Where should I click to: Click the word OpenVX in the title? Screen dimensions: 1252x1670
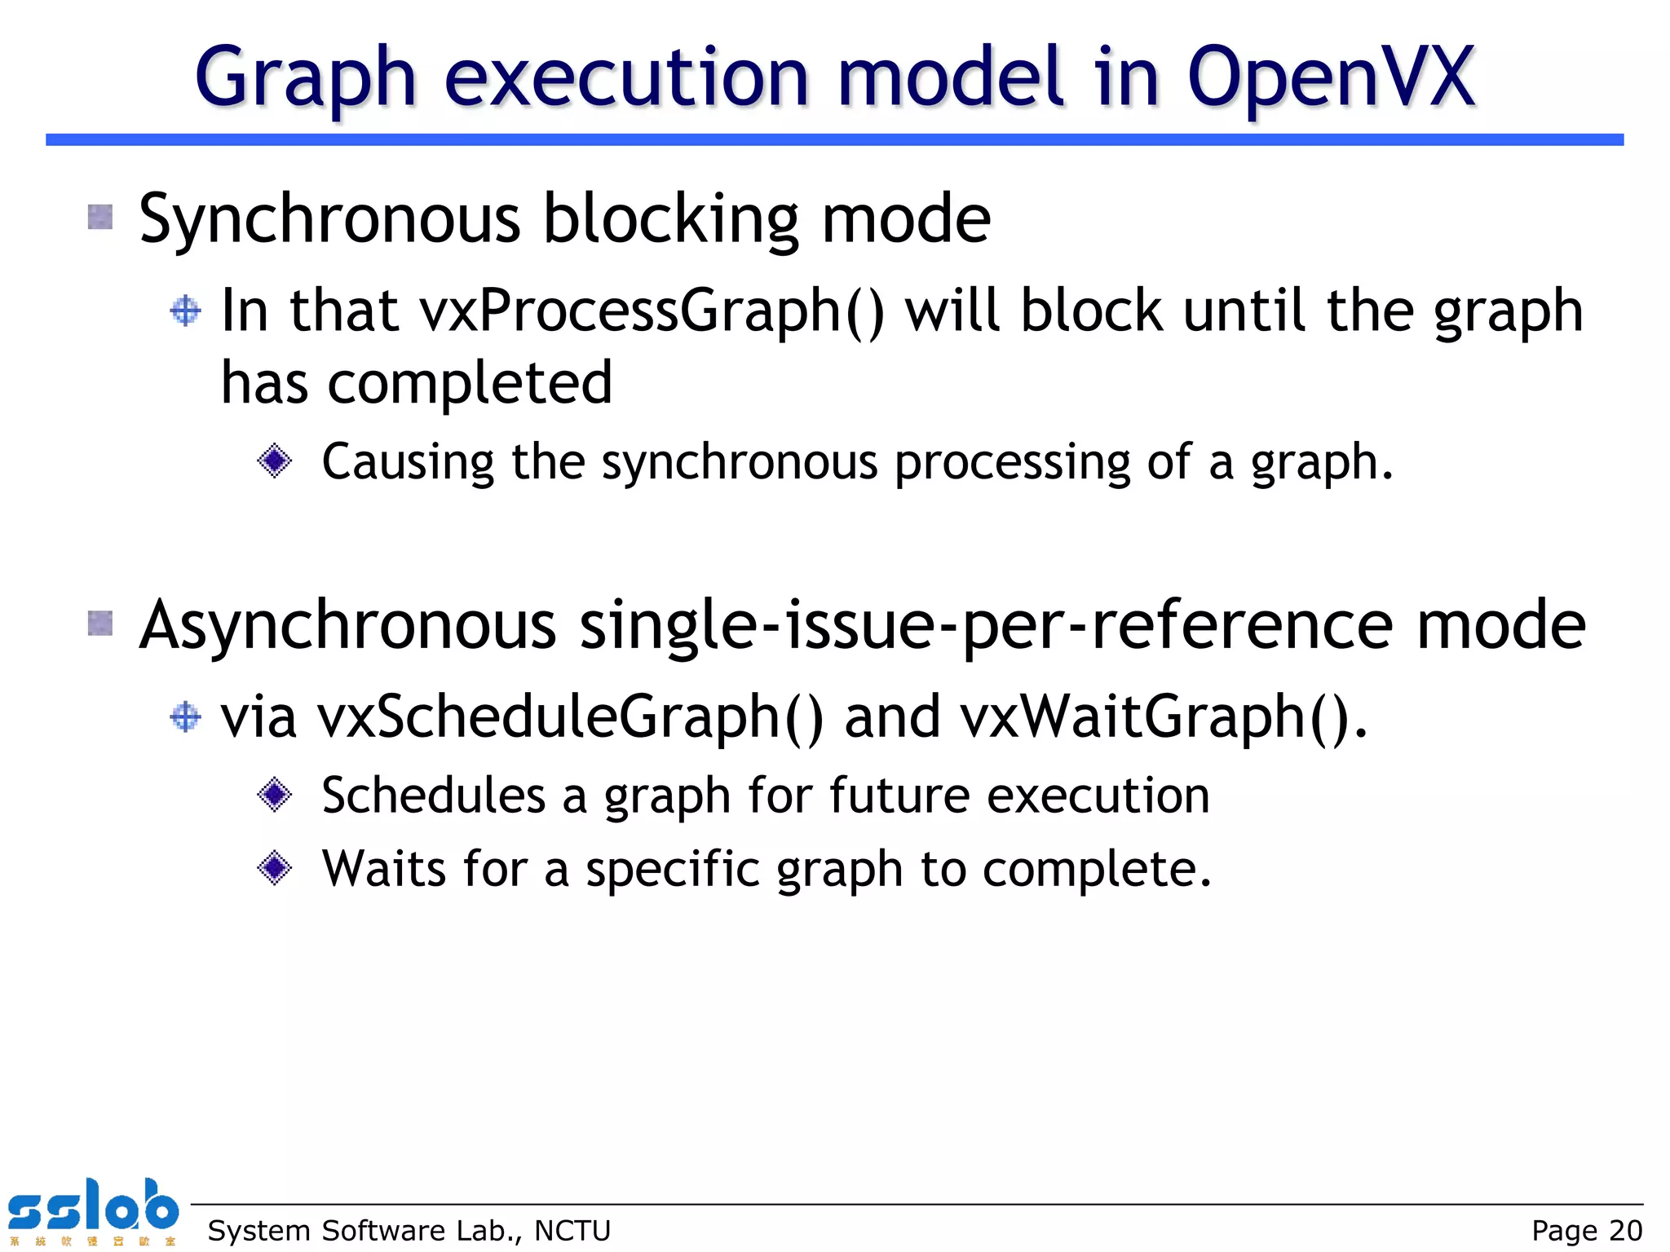click(x=1331, y=78)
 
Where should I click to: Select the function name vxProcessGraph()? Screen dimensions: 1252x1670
click(x=652, y=311)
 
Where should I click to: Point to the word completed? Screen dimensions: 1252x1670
click(x=470, y=382)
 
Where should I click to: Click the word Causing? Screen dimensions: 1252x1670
click(x=408, y=462)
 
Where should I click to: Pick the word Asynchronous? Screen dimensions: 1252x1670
click(x=347, y=625)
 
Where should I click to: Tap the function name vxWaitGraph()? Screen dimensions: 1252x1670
click(x=1163, y=717)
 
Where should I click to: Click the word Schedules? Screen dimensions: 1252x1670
click(x=434, y=796)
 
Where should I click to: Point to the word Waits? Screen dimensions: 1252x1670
click(x=384, y=868)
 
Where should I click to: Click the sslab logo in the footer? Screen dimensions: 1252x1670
click(x=93, y=1210)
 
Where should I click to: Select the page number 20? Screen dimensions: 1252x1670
click(x=1625, y=1230)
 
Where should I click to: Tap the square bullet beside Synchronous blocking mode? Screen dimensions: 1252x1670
click(x=100, y=217)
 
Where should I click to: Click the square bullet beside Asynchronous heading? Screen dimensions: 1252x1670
click(x=100, y=624)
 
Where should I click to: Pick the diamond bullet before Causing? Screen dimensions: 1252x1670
click(x=274, y=461)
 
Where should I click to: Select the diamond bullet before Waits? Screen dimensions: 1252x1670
click(x=274, y=867)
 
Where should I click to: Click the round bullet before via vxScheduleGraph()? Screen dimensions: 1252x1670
click(x=186, y=717)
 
